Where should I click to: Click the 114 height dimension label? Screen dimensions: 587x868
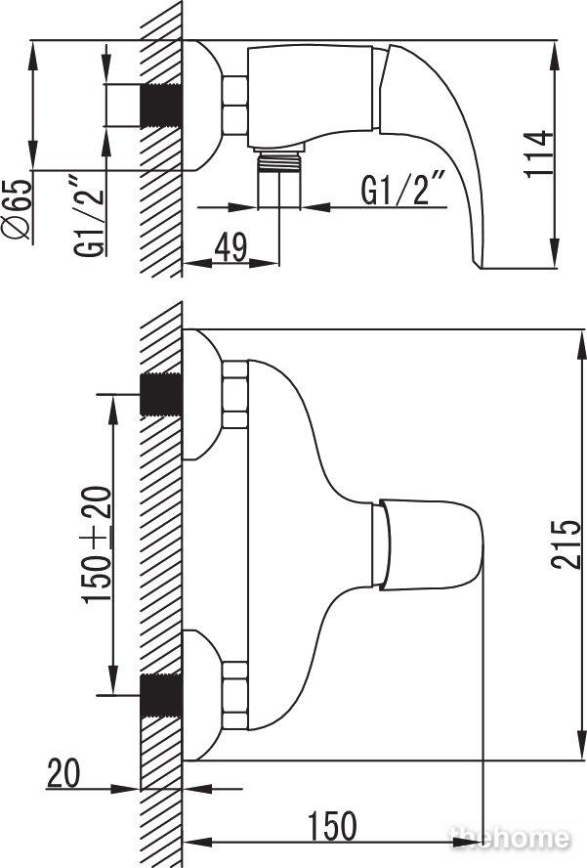click(x=539, y=153)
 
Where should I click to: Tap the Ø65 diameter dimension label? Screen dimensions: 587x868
click(x=17, y=209)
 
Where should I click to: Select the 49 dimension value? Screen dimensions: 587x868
click(x=231, y=247)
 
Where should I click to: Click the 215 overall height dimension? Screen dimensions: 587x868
click(x=566, y=544)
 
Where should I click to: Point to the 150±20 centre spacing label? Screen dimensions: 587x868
click(x=96, y=544)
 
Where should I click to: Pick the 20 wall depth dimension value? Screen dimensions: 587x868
click(x=63, y=773)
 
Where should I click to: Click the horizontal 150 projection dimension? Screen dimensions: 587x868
click(x=332, y=826)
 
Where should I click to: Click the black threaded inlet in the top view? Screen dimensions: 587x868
click(x=161, y=106)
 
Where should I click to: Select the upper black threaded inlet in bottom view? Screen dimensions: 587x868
click(x=161, y=395)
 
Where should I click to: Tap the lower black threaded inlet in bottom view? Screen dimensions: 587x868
click(x=161, y=695)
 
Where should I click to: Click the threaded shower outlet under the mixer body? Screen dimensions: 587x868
click(x=279, y=161)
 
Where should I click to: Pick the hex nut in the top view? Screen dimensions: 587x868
click(x=234, y=106)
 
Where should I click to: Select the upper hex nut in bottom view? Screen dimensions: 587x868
click(x=234, y=395)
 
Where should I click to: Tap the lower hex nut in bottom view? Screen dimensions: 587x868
click(x=234, y=695)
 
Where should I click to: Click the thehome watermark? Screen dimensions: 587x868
click(x=509, y=838)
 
